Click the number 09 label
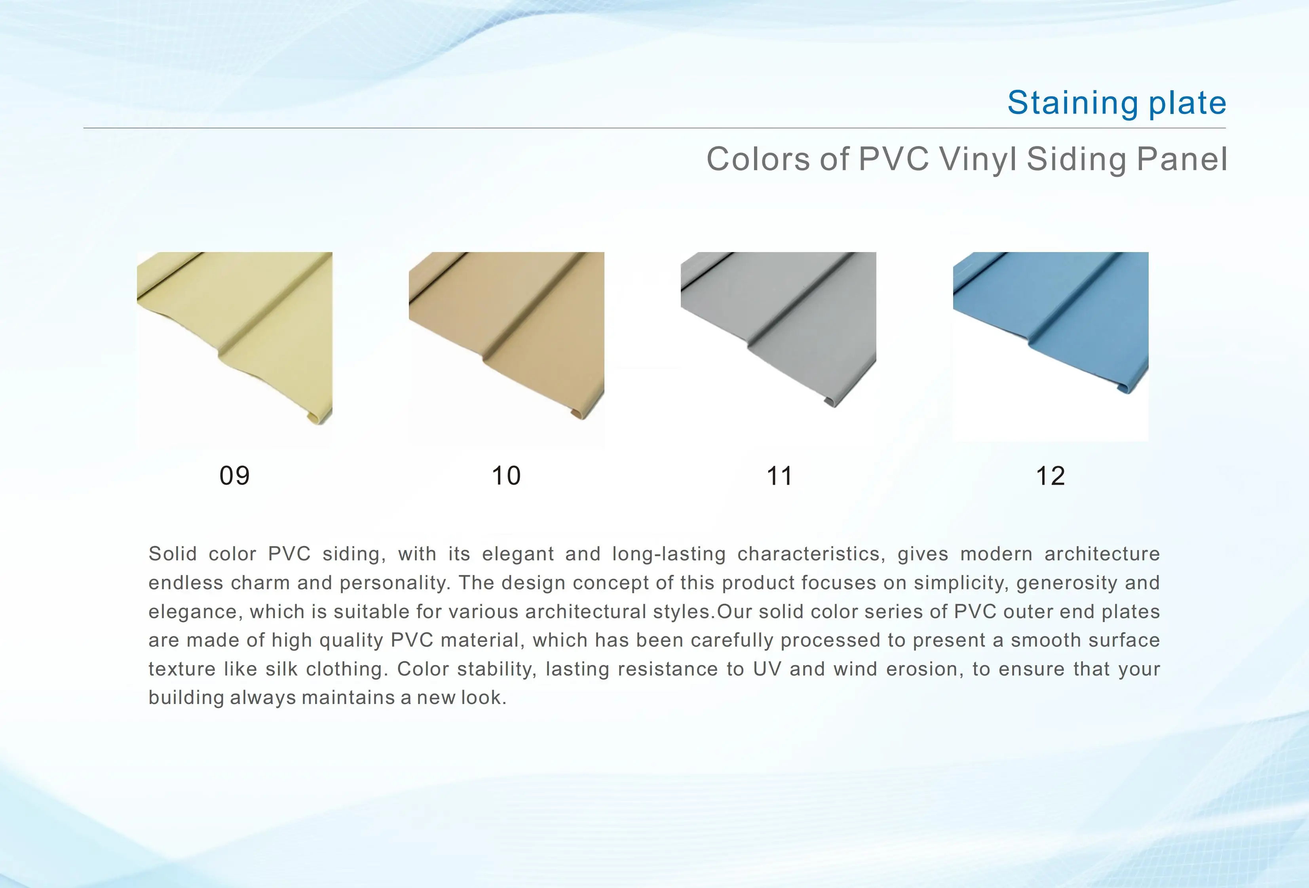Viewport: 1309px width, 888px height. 234,476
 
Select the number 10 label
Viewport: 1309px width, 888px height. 506,476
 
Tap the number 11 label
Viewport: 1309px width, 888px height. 779,476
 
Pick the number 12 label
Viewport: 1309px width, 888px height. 1051,476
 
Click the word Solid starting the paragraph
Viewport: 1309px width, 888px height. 172,554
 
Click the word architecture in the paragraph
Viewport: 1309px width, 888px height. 1102,554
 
